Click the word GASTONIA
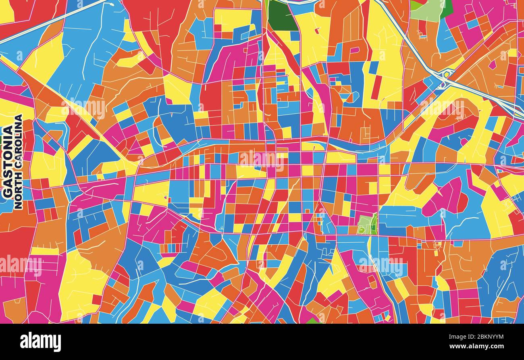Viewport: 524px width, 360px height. click(x=8, y=161)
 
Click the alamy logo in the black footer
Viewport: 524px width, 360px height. click(x=41, y=342)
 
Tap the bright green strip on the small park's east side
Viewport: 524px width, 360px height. click(x=374, y=224)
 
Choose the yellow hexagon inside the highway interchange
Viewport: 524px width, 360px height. click(x=446, y=74)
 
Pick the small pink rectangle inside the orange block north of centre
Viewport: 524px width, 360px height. click(x=354, y=51)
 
